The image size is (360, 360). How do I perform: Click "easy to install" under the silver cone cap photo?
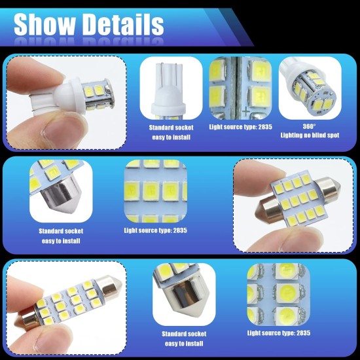click(x=60, y=240)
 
